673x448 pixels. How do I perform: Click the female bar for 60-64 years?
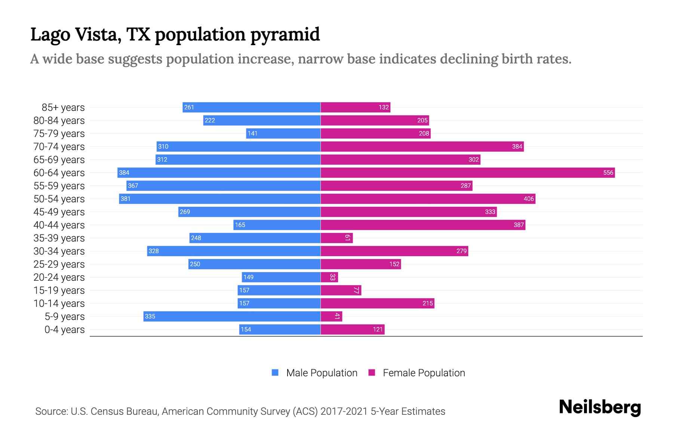[x=467, y=172]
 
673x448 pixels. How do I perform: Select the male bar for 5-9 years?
[x=232, y=316]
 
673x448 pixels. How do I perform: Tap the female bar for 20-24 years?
[x=329, y=277]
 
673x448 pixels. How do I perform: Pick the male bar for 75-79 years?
[x=283, y=133]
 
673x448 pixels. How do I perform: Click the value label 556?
[x=608, y=172]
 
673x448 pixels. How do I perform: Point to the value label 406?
[x=528, y=199]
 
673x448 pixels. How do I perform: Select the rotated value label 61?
[x=347, y=238]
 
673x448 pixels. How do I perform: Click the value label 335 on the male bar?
[x=150, y=316]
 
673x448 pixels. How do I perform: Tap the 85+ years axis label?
[x=63, y=108]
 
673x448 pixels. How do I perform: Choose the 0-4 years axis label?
[x=64, y=330]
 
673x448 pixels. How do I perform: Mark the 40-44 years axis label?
[x=59, y=225]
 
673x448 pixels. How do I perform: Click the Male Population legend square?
[x=275, y=373]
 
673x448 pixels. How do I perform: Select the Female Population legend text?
[x=424, y=373]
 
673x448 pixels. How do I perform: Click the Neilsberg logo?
[x=599, y=407]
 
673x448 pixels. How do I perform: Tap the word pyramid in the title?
[x=285, y=34]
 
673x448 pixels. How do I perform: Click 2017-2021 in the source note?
[x=344, y=411]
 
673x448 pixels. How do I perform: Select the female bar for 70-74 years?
[x=422, y=146]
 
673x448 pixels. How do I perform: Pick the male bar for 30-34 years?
[x=234, y=251]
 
